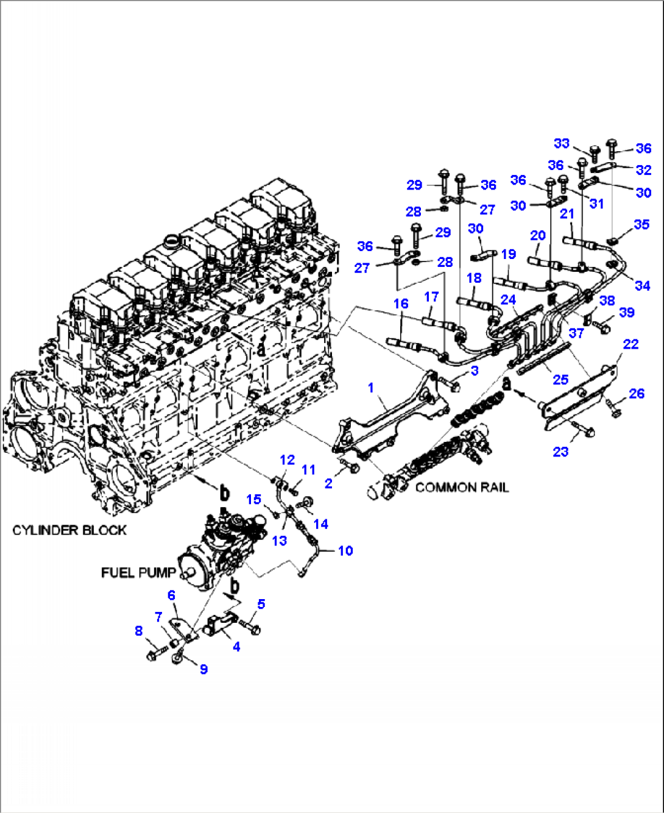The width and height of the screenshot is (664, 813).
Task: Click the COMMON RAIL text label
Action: (461, 488)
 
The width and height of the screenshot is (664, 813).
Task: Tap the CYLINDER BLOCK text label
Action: (69, 530)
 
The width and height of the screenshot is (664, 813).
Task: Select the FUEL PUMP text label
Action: (138, 573)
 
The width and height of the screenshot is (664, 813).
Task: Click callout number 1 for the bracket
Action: (371, 388)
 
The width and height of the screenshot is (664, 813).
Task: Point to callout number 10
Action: (345, 551)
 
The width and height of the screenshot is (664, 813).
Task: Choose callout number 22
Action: (630, 344)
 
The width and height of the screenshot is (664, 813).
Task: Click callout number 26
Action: (637, 394)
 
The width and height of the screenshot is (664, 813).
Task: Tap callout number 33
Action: (561, 143)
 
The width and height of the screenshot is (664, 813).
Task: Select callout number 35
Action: (641, 224)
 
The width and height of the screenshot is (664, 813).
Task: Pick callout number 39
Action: (627, 312)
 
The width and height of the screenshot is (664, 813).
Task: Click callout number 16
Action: (401, 304)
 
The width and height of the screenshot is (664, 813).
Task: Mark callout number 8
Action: (139, 631)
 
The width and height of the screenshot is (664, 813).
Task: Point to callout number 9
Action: (203, 669)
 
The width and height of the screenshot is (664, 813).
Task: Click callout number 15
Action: (253, 500)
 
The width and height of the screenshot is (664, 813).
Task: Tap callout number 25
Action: (560, 380)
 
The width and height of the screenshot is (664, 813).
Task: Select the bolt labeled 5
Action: (250, 626)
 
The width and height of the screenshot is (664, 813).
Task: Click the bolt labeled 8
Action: (152, 655)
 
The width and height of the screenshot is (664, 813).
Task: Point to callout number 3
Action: (475, 371)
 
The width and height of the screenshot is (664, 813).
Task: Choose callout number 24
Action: (508, 300)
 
